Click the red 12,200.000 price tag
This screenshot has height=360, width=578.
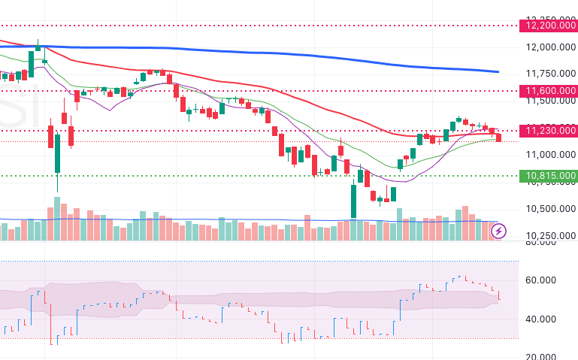547,26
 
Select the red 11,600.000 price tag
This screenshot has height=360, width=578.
547,91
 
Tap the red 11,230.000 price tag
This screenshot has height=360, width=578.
547,131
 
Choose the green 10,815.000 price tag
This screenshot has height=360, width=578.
547,176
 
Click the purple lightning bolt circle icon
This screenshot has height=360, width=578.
498,231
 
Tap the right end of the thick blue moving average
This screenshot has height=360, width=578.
499,72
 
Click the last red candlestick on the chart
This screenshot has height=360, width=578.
498,137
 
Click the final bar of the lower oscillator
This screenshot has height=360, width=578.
499,295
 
